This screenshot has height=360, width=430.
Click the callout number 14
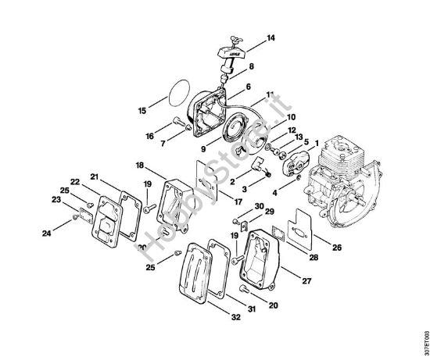pyautogui.click(x=271, y=37)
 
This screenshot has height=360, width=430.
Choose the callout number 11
pyautogui.click(x=270, y=94)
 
